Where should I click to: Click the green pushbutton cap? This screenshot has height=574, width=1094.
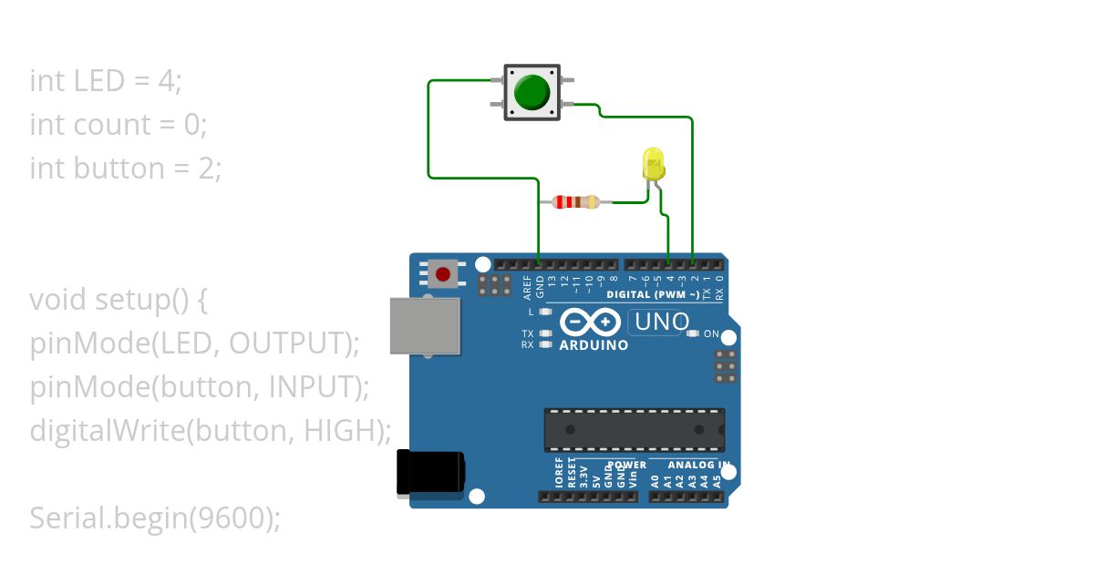pyautogui.click(x=532, y=92)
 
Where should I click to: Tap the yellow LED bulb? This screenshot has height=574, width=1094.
pyautogui.click(x=654, y=164)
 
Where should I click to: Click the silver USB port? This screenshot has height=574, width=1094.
pyautogui.click(x=425, y=325)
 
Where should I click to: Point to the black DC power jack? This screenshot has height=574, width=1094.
pyautogui.click(x=430, y=474)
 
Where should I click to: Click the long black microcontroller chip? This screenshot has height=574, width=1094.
pyautogui.click(x=635, y=429)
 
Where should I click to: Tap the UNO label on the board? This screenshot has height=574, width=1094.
pyautogui.click(x=661, y=322)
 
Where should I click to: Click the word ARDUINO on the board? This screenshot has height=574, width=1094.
pyautogui.click(x=593, y=346)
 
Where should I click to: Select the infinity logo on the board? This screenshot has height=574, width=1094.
pyautogui.click(x=590, y=323)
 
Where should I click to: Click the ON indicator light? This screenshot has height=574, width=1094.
pyautogui.click(x=692, y=333)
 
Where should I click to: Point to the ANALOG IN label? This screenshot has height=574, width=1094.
pyautogui.click(x=697, y=466)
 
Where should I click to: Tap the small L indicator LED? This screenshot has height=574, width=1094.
pyautogui.click(x=546, y=312)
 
